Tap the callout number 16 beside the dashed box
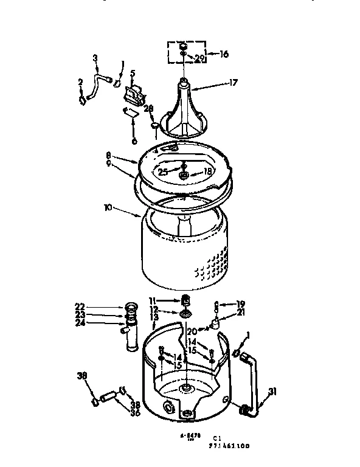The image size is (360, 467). coord(224,54)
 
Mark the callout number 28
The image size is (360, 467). coord(148,108)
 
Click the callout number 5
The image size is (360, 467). coord(132,74)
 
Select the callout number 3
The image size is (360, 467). coord(95,59)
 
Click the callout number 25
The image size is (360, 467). coord(163,172)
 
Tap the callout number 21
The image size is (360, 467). coord(241,312)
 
